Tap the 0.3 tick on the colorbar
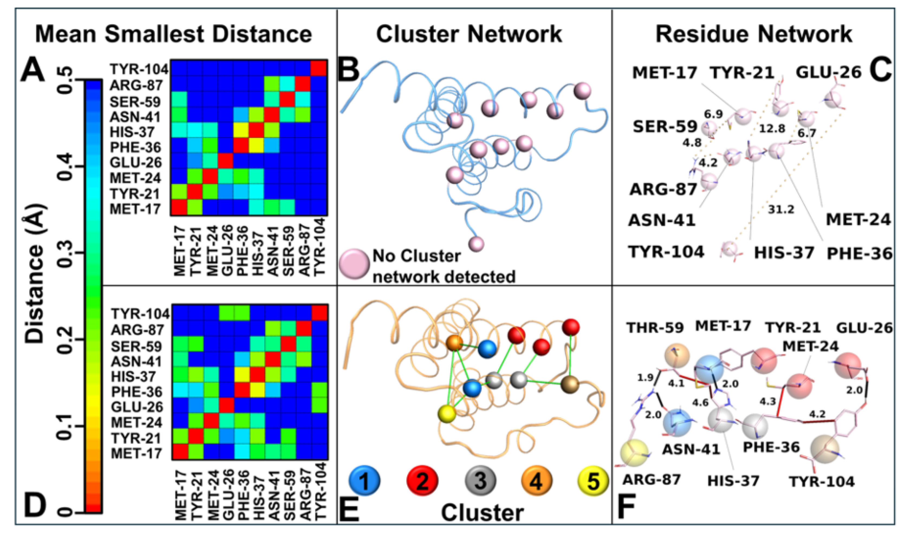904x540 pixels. (x=66, y=253)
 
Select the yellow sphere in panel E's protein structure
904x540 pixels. (x=447, y=413)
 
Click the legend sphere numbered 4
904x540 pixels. (x=536, y=481)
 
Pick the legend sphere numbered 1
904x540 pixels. (x=364, y=481)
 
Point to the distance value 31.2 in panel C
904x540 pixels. (x=781, y=210)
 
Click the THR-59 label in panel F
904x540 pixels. (x=655, y=328)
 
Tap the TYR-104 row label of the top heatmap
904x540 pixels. (x=139, y=69)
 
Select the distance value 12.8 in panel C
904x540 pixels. (x=772, y=128)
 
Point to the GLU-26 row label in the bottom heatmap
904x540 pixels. (x=137, y=407)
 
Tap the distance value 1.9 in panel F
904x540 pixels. (x=645, y=378)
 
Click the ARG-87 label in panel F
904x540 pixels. (x=651, y=480)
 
